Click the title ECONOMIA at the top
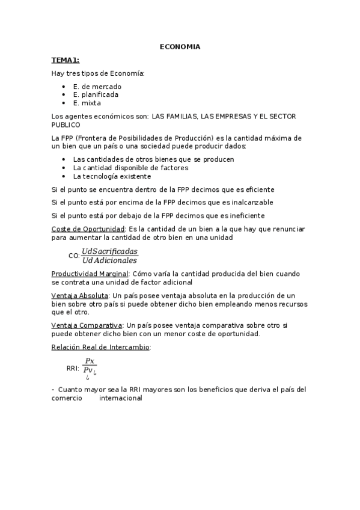(180, 46)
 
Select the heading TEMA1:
(65, 60)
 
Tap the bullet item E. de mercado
(97, 87)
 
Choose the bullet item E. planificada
(96, 94)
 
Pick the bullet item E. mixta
(87, 103)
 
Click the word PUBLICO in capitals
(66, 124)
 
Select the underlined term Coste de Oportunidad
(88, 229)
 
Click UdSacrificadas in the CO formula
(109, 251)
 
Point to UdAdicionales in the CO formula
(109, 260)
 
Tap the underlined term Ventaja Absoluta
(80, 295)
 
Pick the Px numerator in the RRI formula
(90, 361)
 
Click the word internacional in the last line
(120, 398)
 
